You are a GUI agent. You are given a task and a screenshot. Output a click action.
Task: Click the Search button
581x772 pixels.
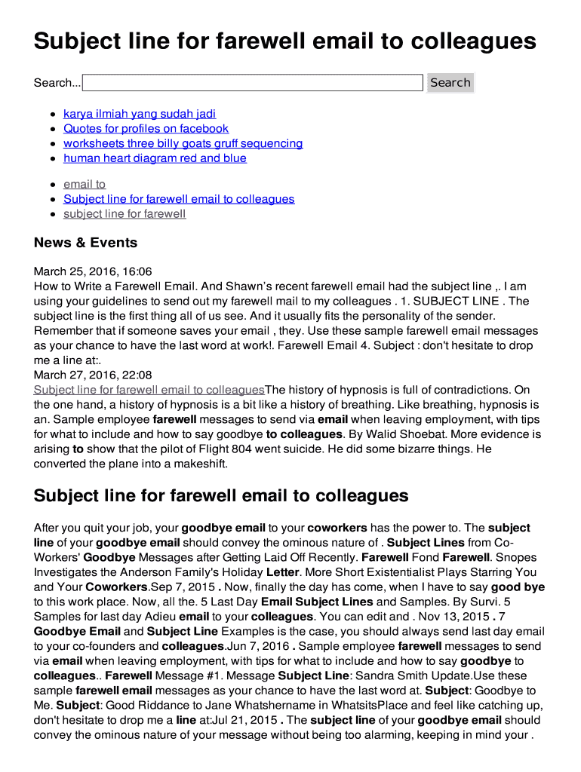click(x=450, y=83)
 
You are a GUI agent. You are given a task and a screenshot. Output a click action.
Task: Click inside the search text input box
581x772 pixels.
click(x=252, y=83)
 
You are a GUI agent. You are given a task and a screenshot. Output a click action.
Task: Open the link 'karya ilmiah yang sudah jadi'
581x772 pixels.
click(x=140, y=114)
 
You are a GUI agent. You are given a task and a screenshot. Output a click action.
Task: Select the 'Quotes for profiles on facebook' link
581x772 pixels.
click(x=146, y=129)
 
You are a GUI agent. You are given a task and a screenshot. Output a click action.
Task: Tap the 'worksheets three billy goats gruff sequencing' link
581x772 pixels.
click(x=183, y=143)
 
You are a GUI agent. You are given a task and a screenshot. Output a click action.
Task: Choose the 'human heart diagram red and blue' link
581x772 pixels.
click(x=155, y=158)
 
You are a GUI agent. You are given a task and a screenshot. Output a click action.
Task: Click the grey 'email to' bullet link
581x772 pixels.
click(x=85, y=184)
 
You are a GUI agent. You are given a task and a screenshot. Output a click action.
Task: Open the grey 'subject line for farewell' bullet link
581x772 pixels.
click(x=124, y=214)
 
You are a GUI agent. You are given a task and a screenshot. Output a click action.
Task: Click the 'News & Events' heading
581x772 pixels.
click(x=85, y=243)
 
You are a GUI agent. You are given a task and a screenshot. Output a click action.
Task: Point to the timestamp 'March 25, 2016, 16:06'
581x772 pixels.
click(x=93, y=271)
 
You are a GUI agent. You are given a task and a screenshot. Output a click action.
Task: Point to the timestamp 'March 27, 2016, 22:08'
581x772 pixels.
click(x=93, y=375)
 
